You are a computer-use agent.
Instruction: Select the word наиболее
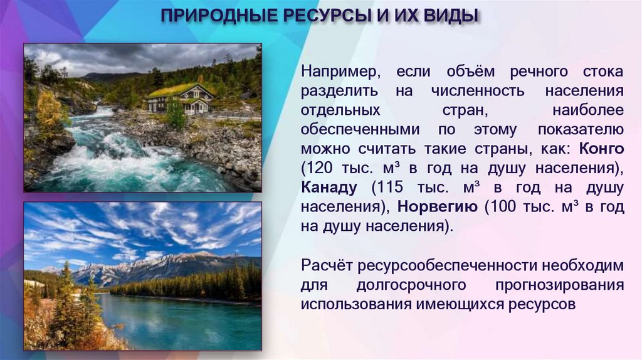click(588, 110)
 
